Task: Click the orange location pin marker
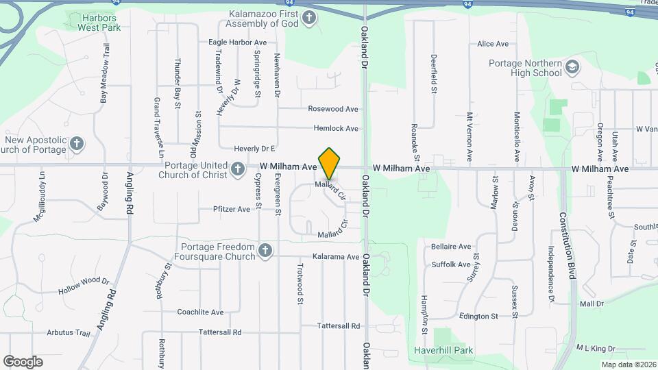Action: (x=329, y=164)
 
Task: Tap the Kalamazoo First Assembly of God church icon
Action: (x=309, y=17)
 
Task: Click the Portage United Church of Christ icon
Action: (x=238, y=169)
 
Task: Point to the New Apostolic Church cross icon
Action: (x=77, y=144)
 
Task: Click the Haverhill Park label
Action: (x=443, y=349)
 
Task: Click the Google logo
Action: (x=23, y=361)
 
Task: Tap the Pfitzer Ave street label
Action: (x=232, y=209)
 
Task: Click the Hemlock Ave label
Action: (x=336, y=128)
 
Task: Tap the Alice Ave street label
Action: (x=493, y=44)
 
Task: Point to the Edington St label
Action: (x=478, y=316)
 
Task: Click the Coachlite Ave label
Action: (x=200, y=312)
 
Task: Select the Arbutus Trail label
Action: (x=69, y=333)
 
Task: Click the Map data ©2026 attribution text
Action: (x=629, y=364)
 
